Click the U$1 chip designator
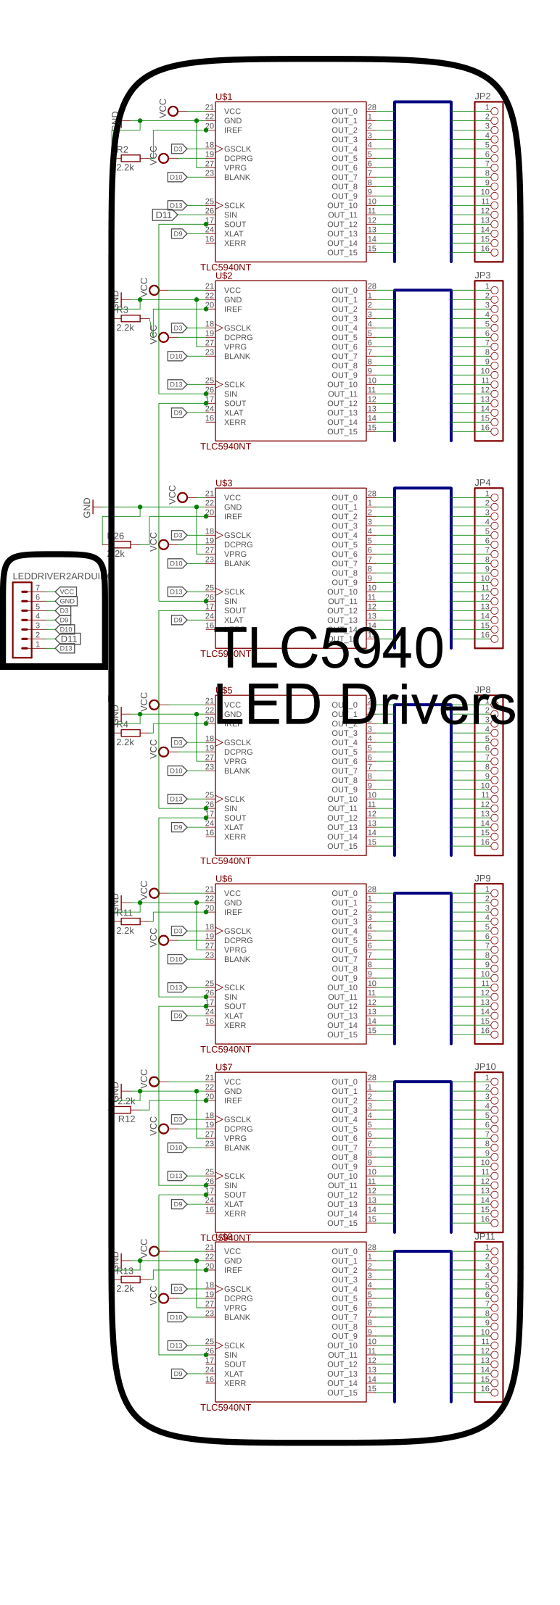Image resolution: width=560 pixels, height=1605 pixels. pyautogui.click(x=223, y=97)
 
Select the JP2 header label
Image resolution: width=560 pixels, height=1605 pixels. pyautogui.click(x=482, y=96)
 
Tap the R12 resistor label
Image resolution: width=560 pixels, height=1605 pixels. pyautogui.click(x=127, y=1119)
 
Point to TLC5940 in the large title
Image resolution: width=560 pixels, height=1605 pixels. pyautogui.click(x=330, y=648)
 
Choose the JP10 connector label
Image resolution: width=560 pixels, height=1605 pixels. pyautogui.click(x=485, y=1067)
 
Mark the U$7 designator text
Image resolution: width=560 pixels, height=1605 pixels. pyautogui.click(x=223, y=1068)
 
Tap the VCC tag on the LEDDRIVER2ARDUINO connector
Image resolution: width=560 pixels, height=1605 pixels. pyautogui.click(x=67, y=592)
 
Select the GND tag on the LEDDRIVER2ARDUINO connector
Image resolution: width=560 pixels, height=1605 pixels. pyautogui.click(x=67, y=601)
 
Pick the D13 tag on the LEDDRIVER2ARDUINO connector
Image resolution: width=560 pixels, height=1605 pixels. pyautogui.click(x=66, y=648)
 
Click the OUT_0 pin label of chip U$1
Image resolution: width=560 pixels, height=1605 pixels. pyautogui.click(x=345, y=112)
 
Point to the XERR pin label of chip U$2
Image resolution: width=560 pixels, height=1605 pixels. pyautogui.click(x=235, y=423)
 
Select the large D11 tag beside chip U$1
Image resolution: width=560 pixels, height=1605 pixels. pyautogui.click(x=164, y=215)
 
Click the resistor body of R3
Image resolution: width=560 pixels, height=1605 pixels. pyautogui.click(x=131, y=318)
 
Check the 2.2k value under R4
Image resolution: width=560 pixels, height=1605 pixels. pyautogui.click(x=125, y=742)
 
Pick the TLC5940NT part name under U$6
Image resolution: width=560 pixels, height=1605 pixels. pyautogui.click(x=226, y=1050)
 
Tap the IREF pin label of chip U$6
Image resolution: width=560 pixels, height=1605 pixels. pyautogui.click(x=233, y=913)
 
